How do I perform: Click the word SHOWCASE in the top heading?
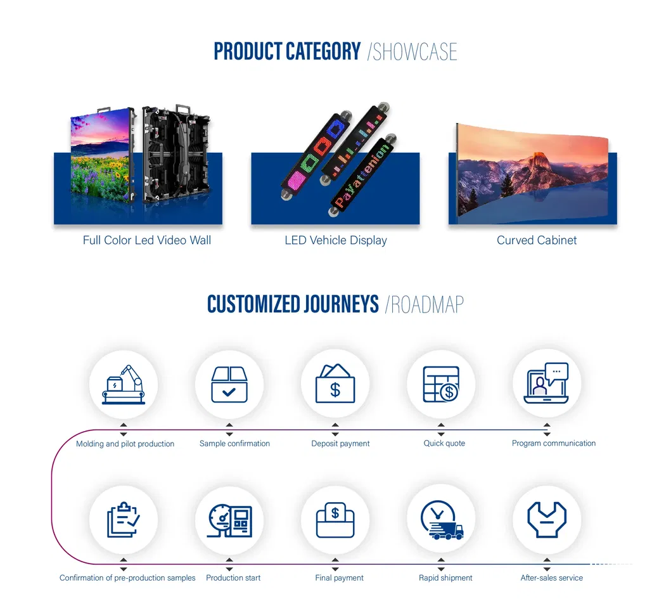[414, 52]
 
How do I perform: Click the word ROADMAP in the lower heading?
[427, 305]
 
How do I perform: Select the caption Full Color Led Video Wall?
[147, 240]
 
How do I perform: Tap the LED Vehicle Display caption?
[336, 240]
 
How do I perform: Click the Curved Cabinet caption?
[537, 240]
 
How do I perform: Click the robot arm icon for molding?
[124, 385]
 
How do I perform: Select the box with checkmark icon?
[229, 385]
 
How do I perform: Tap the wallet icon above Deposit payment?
[335, 385]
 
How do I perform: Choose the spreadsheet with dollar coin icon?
[441, 385]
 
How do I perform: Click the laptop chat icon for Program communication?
[546, 385]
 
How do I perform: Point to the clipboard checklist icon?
[124, 520]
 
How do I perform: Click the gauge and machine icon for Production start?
[229, 520]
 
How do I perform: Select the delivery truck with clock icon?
[441, 520]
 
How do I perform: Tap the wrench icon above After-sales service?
[546, 520]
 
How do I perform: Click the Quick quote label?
[444, 444]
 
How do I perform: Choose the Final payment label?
[340, 578]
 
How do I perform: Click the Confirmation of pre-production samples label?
[127, 578]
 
